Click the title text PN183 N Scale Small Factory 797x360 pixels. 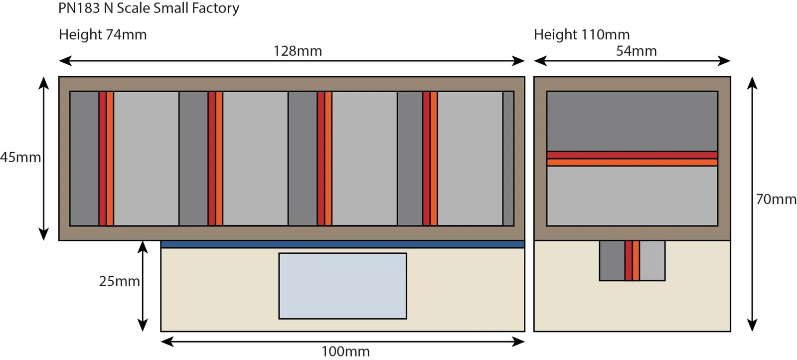[149, 8]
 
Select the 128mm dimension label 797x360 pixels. [298, 51]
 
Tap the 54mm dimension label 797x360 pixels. [636, 51]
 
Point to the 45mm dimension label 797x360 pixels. [20, 157]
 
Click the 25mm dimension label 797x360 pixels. [119, 281]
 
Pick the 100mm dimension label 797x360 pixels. [345, 352]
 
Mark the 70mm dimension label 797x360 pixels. [776, 199]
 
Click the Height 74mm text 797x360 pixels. [103, 34]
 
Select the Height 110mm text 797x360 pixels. [582, 34]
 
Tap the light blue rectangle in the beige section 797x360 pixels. [342, 286]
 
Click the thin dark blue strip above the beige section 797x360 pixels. [342, 244]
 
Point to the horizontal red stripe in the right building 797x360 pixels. [632, 155]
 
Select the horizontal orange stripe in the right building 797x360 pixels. [632, 163]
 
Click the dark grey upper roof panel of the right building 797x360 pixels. [632, 121]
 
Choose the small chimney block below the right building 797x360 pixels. [632, 261]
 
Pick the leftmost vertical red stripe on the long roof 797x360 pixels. [102, 159]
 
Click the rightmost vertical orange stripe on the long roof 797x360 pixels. [434, 159]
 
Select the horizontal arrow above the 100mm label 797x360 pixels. [342, 342]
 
